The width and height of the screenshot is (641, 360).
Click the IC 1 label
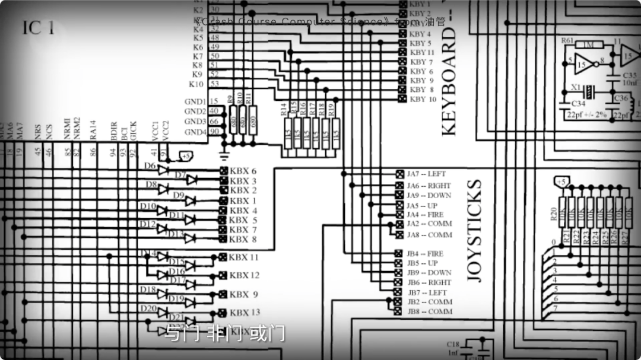39,28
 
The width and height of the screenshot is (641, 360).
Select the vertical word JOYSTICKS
475,231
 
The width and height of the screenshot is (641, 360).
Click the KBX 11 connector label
244,257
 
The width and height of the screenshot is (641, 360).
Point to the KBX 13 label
245,313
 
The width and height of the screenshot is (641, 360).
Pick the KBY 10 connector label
424,99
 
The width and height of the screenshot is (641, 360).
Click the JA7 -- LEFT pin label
426,174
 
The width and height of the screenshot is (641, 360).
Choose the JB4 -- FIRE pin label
425,254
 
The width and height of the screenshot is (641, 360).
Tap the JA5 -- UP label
422,205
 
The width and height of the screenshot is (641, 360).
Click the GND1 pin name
195,101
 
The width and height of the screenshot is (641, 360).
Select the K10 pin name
196,84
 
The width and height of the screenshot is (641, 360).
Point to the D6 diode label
150,165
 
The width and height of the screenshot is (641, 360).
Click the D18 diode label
148,289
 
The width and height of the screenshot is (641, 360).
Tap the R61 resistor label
567,41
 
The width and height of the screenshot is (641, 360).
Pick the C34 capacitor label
569,104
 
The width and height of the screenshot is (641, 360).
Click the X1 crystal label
576,87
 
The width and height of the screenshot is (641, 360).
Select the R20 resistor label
553,215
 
